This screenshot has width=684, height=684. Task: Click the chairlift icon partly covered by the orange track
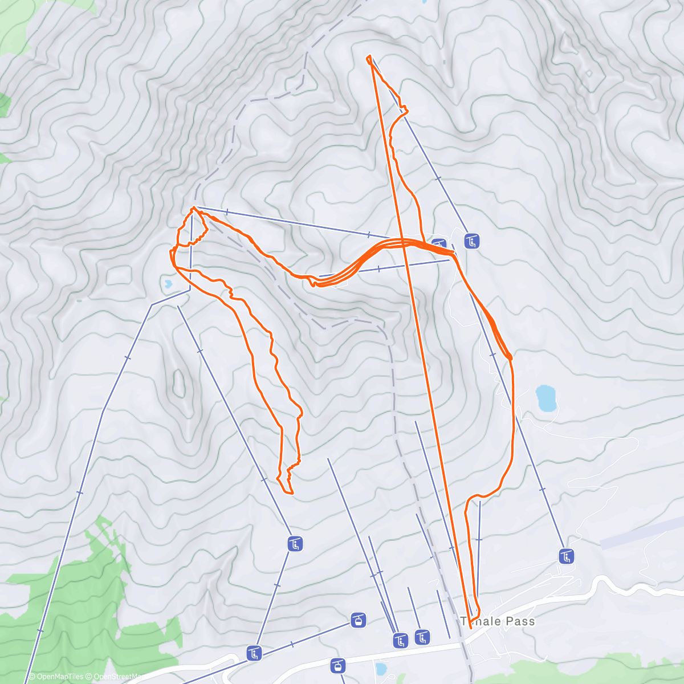pos(439,245)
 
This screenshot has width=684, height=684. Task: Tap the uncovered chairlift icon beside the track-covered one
pos(471,241)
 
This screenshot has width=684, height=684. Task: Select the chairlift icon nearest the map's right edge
pos(566,556)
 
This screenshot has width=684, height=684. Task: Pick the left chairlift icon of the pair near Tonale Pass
pos(401,641)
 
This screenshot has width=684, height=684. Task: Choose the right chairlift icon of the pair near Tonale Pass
pos(422,637)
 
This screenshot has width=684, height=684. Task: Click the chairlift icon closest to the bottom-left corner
pos(254,653)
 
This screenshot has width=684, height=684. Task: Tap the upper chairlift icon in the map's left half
pos(295,544)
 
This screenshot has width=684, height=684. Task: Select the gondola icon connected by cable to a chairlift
pos(358,620)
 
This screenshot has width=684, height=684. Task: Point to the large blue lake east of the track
pos(545,398)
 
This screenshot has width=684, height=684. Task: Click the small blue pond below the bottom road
pos(381,668)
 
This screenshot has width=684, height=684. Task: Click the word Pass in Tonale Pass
pos(520,621)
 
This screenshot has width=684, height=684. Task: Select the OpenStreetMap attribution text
pos(116,677)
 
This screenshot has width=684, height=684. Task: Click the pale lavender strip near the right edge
pos(641,532)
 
